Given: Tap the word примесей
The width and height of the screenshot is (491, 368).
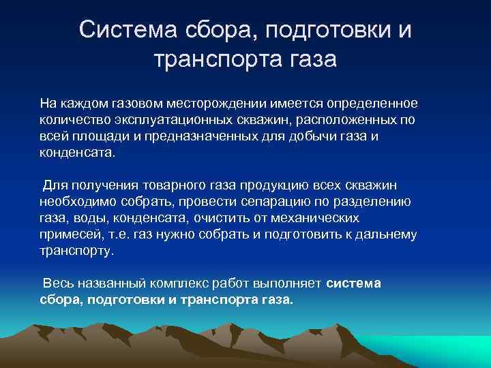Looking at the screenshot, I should coord(68,234).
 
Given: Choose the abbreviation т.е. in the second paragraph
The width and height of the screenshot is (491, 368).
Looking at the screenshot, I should coord(115,234).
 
